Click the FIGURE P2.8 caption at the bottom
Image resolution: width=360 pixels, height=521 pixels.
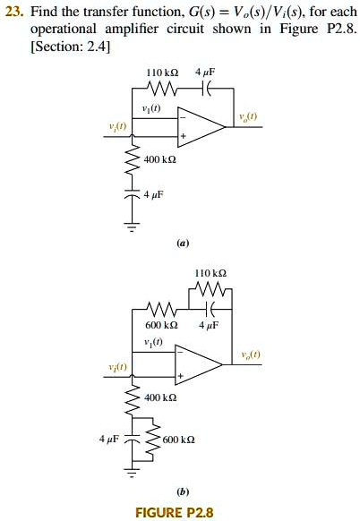click(175, 512)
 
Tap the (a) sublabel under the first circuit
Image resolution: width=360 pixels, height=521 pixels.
click(183, 243)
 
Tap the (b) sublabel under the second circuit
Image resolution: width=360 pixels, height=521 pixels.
click(183, 491)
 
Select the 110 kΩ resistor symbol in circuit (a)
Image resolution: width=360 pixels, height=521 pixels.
click(163, 89)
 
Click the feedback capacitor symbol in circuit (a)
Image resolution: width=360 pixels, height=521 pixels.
click(206, 89)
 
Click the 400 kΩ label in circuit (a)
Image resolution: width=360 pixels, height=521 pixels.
click(160, 160)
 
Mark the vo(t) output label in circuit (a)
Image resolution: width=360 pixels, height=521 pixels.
click(248, 116)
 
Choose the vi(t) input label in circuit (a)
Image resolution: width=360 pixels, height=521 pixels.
click(118, 126)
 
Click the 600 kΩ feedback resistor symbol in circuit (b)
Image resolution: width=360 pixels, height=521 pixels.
click(162, 309)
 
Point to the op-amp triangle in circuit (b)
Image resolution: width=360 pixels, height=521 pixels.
click(199, 365)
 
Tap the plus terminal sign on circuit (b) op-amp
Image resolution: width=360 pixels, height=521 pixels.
click(181, 376)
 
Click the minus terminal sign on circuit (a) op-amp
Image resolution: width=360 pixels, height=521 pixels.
click(183, 117)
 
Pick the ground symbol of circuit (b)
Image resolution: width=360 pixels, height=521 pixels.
click(133, 473)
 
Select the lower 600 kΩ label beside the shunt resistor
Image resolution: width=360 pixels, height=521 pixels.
click(179, 440)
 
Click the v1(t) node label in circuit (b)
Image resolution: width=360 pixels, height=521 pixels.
click(153, 342)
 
